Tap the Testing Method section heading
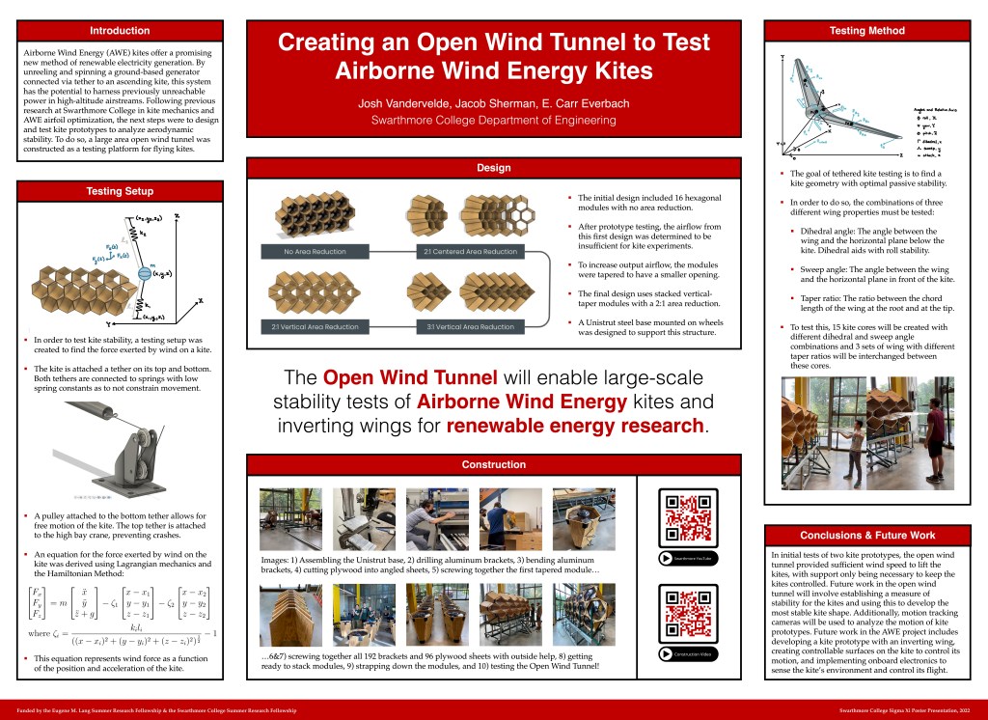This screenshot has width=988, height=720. [866, 31]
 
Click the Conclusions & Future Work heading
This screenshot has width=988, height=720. [866, 535]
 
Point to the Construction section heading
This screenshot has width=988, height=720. [493, 464]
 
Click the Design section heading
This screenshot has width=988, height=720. [493, 168]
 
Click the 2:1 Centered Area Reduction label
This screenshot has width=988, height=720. [470, 252]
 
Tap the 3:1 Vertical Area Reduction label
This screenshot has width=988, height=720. [470, 326]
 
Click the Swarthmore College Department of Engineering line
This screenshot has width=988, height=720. [493, 121]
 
